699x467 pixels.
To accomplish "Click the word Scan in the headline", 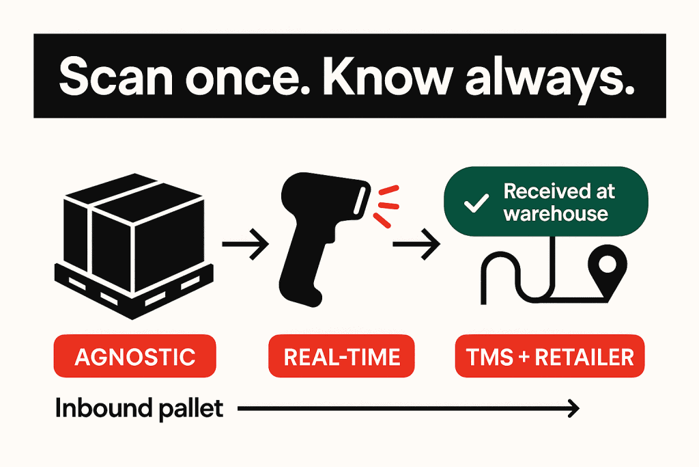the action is (x=115, y=77).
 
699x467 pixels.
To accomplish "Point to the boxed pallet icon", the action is (x=133, y=246).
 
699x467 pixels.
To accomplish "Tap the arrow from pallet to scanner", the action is (x=245, y=244).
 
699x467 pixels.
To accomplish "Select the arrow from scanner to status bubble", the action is (x=416, y=244).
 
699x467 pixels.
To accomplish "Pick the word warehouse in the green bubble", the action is (x=556, y=213).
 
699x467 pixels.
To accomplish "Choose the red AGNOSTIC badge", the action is (x=134, y=356).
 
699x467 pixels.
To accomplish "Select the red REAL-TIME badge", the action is (x=341, y=356).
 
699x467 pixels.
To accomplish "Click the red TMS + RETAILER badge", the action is (x=550, y=356).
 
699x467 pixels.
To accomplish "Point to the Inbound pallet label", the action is (x=139, y=409).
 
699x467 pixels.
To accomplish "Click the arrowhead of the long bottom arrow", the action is (x=573, y=408).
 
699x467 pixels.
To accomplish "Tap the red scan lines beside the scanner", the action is (x=386, y=206).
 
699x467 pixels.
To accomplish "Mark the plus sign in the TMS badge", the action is (x=518, y=357).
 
